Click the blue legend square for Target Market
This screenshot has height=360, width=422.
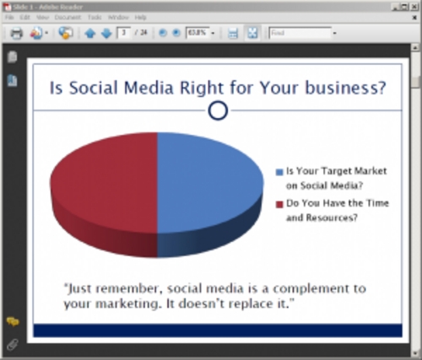coord(279,172)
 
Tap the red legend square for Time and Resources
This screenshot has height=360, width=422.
coord(279,203)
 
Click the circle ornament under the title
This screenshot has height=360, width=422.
coord(218,110)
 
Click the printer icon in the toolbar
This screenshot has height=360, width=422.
coord(16,34)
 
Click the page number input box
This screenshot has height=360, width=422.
coord(124,34)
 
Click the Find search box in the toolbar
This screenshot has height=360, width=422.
coord(299,34)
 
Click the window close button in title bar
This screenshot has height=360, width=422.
coord(411,6)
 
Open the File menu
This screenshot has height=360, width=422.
coord(10,17)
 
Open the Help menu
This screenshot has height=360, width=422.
coord(140,17)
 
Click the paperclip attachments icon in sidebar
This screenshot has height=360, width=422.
coord(12,344)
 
